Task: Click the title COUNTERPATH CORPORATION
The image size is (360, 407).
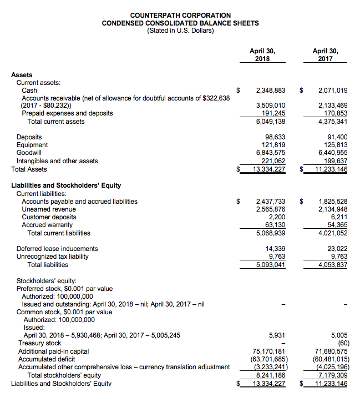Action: [180, 15]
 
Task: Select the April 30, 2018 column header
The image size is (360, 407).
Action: [262, 55]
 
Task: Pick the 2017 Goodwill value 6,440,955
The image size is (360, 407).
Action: [333, 153]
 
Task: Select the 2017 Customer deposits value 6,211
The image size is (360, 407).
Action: [338, 217]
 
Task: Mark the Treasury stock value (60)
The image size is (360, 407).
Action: [340, 343]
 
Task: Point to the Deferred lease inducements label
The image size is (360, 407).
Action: [57, 249]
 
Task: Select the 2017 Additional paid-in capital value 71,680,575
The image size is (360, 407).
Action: [331, 351]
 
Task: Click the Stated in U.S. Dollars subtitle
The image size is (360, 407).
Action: [180, 31]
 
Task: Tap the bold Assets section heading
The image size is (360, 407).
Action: [22, 75]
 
